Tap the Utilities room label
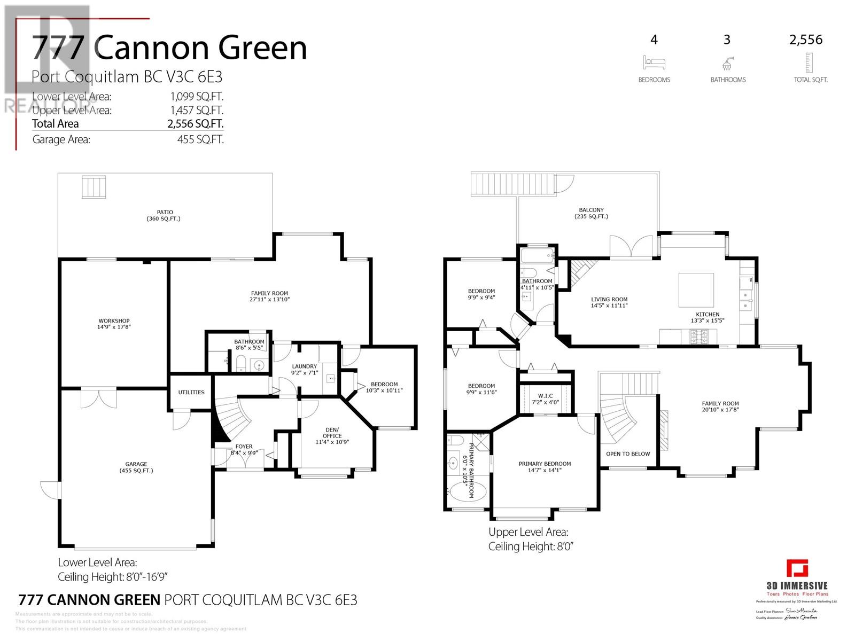click(x=191, y=392)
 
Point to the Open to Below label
click(x=628, y=454)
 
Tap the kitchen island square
click(x=696, y=290)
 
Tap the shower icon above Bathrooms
click(x=727, y=63)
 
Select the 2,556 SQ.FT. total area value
click(x=195, y=124)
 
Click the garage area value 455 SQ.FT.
click(x=200, y=140)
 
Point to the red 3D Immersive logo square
click(x=797, y=568)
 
